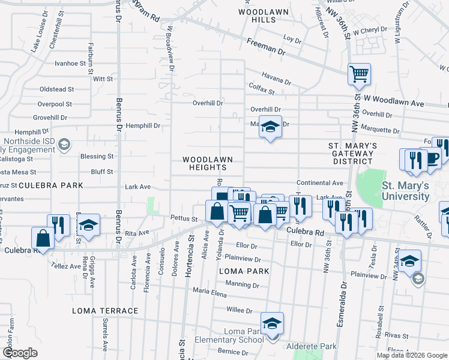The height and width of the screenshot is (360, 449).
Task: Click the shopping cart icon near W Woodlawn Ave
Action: [359, 74]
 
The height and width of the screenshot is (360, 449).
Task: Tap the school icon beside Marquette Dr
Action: [270, 127]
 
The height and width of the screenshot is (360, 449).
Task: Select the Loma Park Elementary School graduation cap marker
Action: [272, 323]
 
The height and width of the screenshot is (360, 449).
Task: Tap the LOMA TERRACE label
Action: [105, 311]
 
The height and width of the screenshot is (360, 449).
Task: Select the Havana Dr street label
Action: [276, 78]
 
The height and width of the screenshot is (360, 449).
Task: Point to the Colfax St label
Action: [259, 92]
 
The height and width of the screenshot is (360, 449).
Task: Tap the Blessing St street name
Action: [97, 157]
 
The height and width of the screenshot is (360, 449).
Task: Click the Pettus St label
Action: [184, 219]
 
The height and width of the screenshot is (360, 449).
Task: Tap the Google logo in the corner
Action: [20, 353]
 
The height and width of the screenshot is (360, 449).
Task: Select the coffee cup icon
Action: [431, 158]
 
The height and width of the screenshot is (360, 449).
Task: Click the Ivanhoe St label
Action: [70, 63]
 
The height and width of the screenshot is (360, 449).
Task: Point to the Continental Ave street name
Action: [320, 183]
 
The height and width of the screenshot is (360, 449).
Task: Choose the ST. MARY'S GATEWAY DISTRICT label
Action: [352, 153]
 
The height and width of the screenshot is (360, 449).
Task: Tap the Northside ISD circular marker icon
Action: [65, 144]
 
